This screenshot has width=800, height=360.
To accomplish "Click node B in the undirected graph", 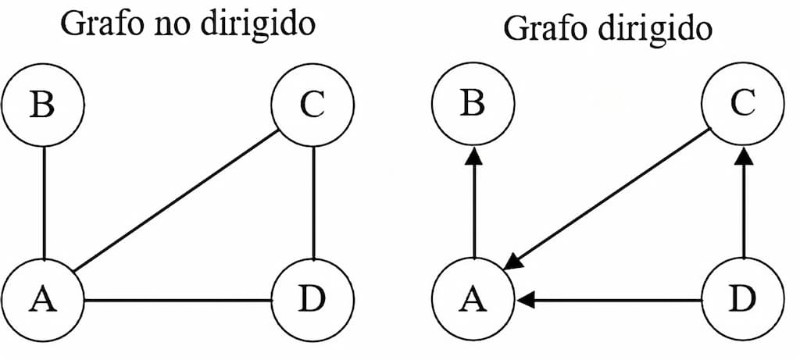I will click(42, 105).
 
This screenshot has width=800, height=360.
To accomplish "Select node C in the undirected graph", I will click(312, 105).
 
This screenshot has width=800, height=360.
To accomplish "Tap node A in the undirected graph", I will click(42, 300).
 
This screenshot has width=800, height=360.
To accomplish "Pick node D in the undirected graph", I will click(312, 300).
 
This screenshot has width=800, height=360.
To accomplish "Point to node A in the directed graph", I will click(473, 300).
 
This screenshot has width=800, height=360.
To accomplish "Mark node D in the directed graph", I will click(743, 300).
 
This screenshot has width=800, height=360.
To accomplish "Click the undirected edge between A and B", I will click(44, 203).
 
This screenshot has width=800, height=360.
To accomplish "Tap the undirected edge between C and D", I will click(313, 203).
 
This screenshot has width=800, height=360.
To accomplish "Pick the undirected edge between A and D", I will click(177, 300).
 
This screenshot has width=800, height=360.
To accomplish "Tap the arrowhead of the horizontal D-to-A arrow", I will click(526, 300).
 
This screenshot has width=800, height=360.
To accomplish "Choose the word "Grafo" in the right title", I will click(539, 29).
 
